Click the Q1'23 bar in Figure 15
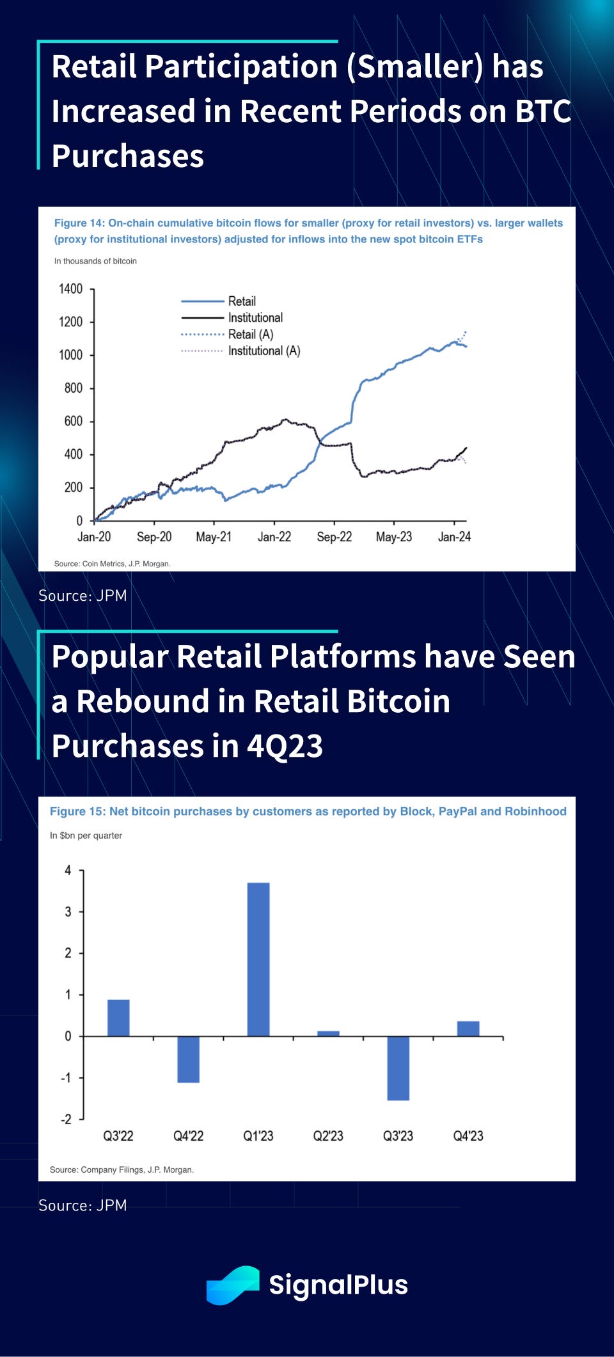[258, 959]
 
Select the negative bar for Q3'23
[398, 1068]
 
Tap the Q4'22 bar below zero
[188, 1059]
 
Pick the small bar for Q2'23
[328, 1033]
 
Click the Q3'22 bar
[118, 1017]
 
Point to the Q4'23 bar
[468, 1028]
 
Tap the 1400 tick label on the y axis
[70, 289]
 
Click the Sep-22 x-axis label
[334, 537]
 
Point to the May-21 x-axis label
[214, 537]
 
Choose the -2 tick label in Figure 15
[66, 1119]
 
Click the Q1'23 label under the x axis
[258, 1136]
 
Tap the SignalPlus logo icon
[233, 1285]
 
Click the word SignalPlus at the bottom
[338, 1285]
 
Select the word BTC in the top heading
[542, 111]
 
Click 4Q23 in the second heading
[285, 746]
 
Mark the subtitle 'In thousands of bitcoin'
[95, 261]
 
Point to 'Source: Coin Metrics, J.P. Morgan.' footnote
[112, 564]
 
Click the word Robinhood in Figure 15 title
[535, 811]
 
